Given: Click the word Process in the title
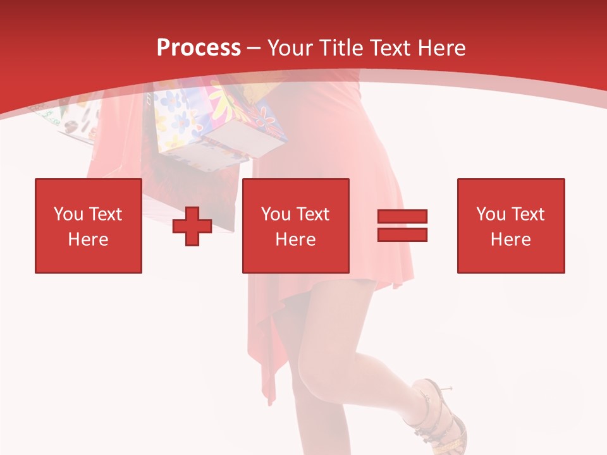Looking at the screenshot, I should coord(199,48).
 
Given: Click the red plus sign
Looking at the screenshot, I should coord(192,226).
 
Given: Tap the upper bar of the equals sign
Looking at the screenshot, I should coord(402,217).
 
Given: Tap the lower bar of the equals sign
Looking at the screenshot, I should coord(402,235).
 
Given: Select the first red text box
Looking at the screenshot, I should coord(89,226).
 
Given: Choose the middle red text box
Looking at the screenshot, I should coord(295,226).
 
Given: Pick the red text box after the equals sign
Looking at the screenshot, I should coord(511,226).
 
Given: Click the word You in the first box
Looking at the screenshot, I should coord(68,214).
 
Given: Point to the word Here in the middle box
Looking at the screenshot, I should coord(295,240).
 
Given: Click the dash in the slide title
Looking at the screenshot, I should coord(254,48).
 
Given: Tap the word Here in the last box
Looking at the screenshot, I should coord(511,240).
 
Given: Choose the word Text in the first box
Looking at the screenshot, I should coord(105,214).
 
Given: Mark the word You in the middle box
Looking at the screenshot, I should coord(275,214).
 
